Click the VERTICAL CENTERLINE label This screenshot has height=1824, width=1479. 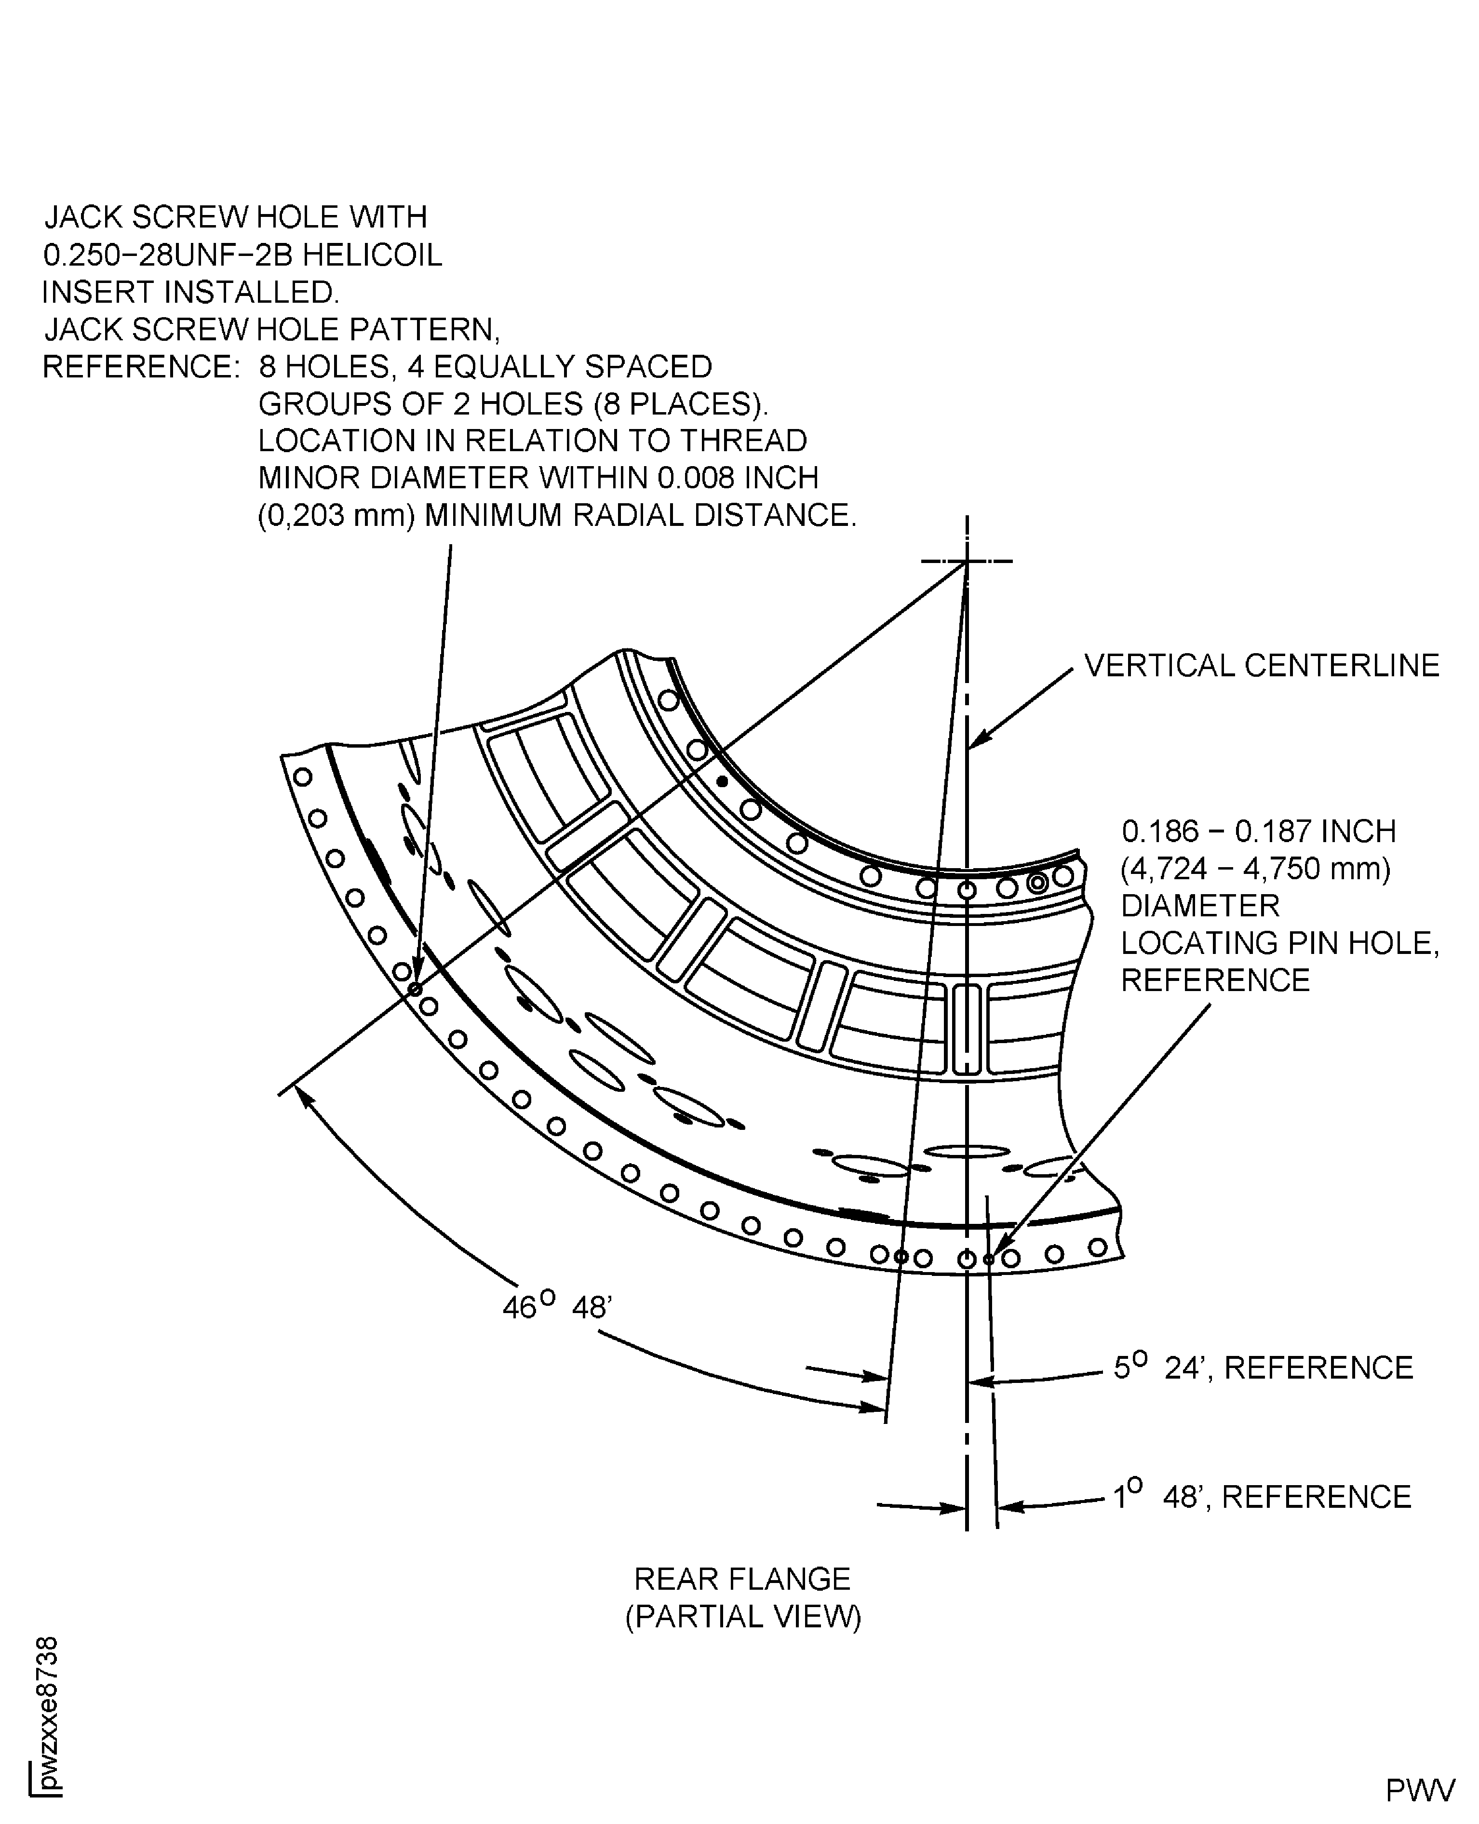1262,665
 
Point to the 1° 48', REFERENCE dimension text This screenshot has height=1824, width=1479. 1262,1497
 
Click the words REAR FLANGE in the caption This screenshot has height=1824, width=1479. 742,1579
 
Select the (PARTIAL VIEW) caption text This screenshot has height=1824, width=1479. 743,1617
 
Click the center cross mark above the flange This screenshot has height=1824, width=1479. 967,562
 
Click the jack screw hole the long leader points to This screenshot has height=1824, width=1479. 415,989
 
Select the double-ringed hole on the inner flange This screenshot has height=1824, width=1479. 1037,883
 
